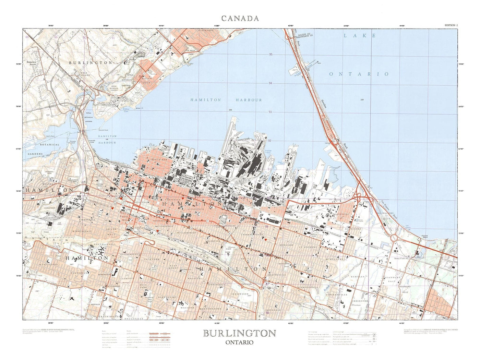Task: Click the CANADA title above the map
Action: coord(240,18)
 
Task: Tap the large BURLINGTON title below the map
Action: coord(239,333)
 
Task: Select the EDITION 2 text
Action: coord(451,25)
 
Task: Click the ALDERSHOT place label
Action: coord(206,31)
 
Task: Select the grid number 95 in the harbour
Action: coord(271,55)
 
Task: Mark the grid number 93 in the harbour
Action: coord(270,112)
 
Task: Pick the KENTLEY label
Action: coord(357,276)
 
